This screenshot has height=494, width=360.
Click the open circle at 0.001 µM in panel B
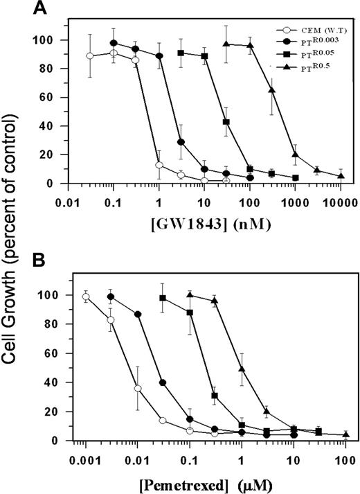(x=86, y=297)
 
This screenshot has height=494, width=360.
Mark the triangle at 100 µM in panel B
(x=345, y=435)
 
